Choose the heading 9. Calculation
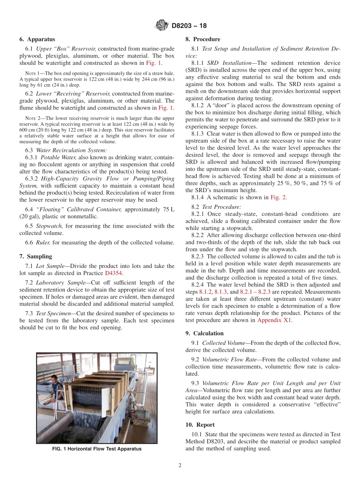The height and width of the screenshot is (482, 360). (x=205, y=333)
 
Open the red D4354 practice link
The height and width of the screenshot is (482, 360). (x=114, y=273)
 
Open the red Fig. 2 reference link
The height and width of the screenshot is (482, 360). (x=278, y=197)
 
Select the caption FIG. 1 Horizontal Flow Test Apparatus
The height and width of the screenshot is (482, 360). (x=97, y=449)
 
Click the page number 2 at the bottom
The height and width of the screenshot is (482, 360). (x=180, y=466)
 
